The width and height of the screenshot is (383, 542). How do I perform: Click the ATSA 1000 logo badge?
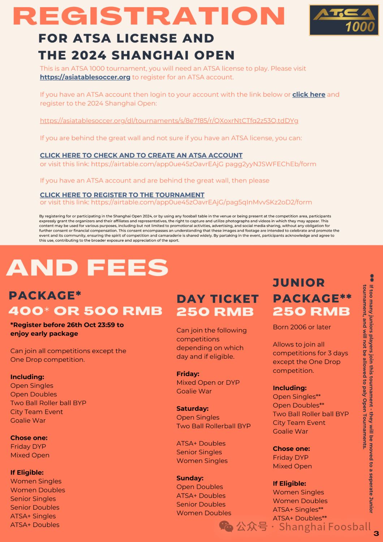tap(344, 20)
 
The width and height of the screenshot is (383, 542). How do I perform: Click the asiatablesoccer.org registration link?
tap(85, 77)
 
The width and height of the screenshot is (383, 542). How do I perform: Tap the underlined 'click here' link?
tap(309, 94)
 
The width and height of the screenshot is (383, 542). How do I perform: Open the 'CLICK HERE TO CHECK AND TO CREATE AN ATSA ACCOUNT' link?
tap(141, 155)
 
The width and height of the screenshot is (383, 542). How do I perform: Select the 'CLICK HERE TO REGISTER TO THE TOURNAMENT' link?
tap(122, 195)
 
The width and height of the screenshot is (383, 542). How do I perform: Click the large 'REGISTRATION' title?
tap(149, 16)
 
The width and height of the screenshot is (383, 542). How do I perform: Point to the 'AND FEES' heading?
tap(87, 267)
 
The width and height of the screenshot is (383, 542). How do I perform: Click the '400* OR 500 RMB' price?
tap(85, 311)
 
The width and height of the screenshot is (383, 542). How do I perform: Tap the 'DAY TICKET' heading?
tap(218, 299)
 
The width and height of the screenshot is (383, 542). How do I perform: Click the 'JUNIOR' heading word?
tap(299, 283)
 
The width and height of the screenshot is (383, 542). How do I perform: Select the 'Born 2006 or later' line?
tap(302, 327)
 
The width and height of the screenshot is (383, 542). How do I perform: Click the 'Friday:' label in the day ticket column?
tap(188, 374)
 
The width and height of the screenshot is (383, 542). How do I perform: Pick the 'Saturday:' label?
tap(192, 408)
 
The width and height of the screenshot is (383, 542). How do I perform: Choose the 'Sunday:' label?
tap(190, 478)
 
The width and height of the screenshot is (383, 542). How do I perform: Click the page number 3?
tap(376, 533)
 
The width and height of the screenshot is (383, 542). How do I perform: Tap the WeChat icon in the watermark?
tap(226, 526)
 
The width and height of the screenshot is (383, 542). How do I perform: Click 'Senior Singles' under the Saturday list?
tap(199, 452)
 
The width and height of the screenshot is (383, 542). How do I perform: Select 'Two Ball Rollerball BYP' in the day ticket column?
tap(213, 426)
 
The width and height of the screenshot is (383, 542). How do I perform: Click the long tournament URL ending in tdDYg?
tap(169, 121)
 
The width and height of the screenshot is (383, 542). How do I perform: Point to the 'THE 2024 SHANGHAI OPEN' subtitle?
tap(137, 55)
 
